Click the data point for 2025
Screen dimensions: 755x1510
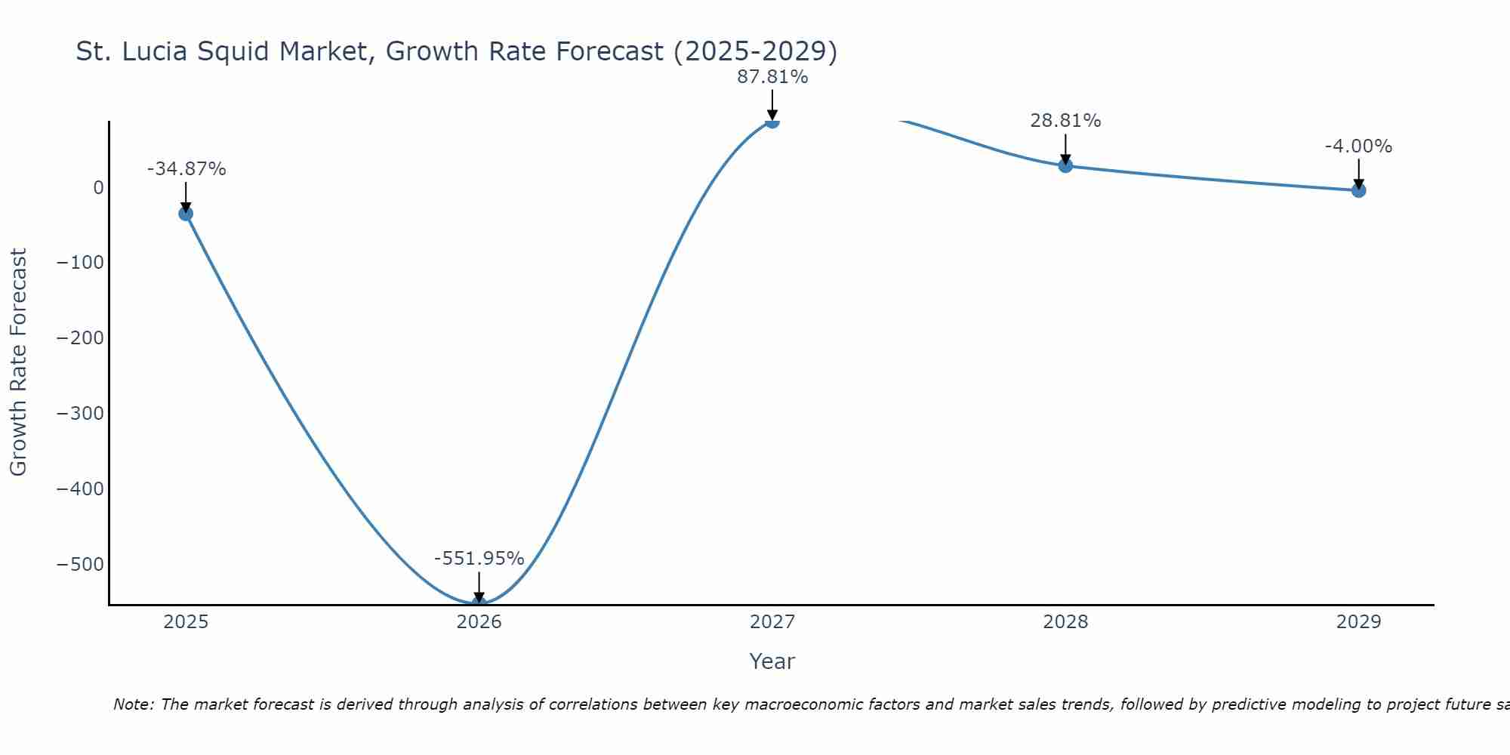tap(186, 214)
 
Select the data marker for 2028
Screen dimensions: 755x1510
tap(1065, 165)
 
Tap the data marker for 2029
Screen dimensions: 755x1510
tap(1358, 190)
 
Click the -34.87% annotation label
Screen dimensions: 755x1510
tap(186, 169)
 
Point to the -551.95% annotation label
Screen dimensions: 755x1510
tap(479, 559)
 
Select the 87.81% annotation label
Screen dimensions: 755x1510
tap(772, 77)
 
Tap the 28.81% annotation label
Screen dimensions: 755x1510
tap(1065, 121)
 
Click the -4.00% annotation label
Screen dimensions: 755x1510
tap(1358, 146)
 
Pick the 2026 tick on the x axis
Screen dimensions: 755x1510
tap(479, 622)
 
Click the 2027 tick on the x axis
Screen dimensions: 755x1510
tap(772, 622)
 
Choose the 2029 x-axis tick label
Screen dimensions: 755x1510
tap(1358, 622)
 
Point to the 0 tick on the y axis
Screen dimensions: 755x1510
tap(98, 187)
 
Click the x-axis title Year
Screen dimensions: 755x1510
tap(772, 662)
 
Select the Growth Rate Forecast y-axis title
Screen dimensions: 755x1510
tap(18, 362)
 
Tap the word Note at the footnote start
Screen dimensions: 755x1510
tap(133, 704)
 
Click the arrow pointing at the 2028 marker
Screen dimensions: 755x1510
tap(1065, 148)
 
